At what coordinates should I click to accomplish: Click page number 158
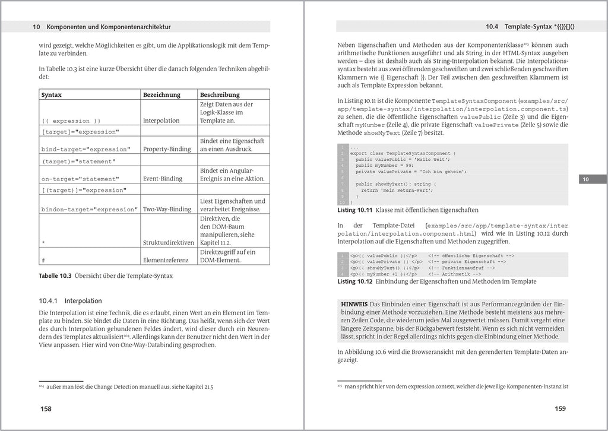[x=46, y=408]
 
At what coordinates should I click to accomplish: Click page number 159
[x=559, y=408]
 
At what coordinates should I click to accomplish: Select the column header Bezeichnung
[x=161, y=95]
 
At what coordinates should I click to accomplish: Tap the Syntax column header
[x=52, y=95]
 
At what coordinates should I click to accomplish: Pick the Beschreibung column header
[x=220, y=95]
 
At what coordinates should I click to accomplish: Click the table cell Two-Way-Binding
[x=167, y=209]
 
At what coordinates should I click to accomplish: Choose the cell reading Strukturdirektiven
[x=169, y=242]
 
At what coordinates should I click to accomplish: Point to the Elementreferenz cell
[x=166, y=259]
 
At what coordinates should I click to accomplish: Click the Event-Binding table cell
[x=163, y=178]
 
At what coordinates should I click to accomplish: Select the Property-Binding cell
[x=166, y=149]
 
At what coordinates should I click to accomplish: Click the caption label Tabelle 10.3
[x=55, y=276]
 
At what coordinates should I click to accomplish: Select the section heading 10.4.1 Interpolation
[x=71, y=301]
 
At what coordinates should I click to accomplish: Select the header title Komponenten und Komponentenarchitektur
[x=109, y=27]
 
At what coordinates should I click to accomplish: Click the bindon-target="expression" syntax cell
[x=89, y=210]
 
